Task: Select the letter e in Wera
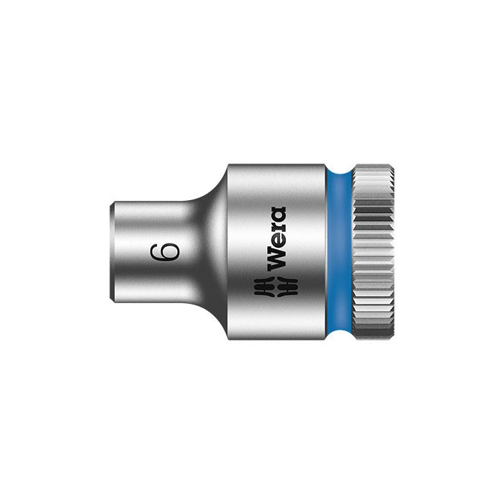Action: click(x=276, y=243)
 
